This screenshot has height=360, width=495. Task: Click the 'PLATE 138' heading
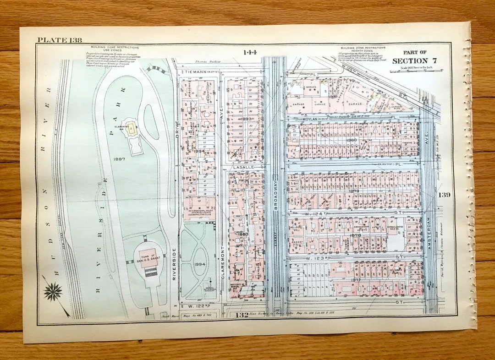pos(59,40)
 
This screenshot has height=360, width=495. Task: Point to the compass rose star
pos(53,291)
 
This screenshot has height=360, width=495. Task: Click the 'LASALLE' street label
pos(243,168)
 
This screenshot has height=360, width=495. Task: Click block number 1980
pos(352,140)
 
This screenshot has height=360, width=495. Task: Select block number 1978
pos(355,235)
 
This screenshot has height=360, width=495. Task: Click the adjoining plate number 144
pos(251,52)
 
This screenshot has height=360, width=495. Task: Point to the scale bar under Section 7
pos(416,71)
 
